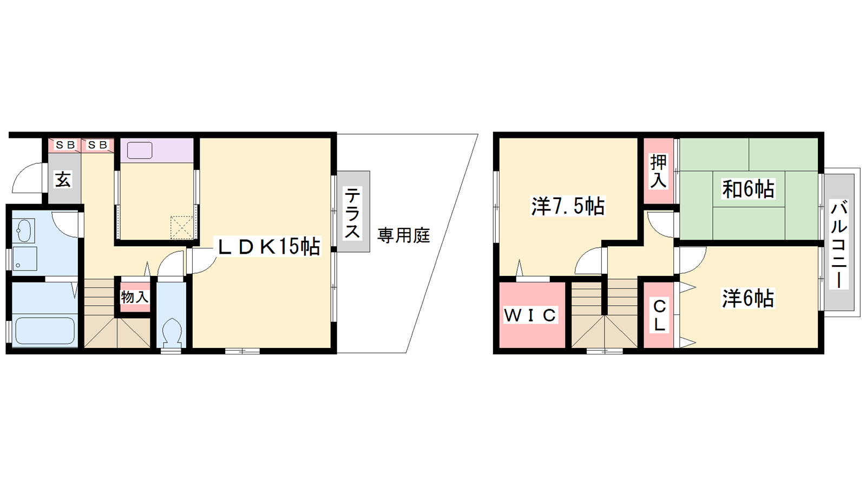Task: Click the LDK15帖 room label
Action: coord(269,246)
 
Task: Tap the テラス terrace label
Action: coord(352,212)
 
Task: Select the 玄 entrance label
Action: coord(63,179)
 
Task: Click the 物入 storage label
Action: coord(135,297)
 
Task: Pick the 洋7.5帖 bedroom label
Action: coord(568,206)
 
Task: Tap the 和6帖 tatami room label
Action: coord(748,189)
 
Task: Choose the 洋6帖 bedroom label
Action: coord(748,298)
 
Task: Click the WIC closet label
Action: coord(530,315)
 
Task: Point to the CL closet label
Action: coord(659,316)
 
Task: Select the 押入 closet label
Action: coord(658,171)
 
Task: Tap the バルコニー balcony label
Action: coord(839,245)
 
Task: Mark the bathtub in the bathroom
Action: coord(44,331)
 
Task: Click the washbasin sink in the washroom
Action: coord(24,231)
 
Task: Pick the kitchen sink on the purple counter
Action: coord(140,150)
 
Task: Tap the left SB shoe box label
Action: coord(65,145)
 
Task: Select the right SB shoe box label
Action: coord(97,145)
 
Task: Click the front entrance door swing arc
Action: coord(27,178)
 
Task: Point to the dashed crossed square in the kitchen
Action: coord(181,227)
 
